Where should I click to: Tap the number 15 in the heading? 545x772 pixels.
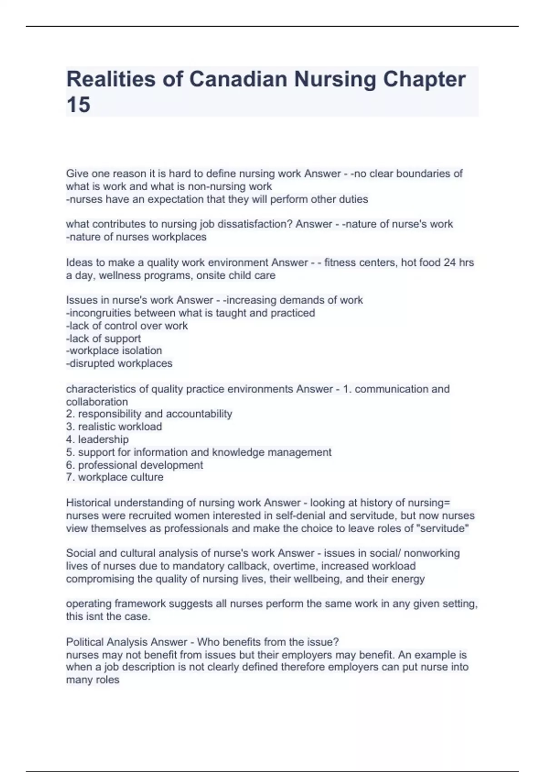(x=78, y=105)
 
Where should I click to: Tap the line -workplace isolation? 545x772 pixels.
(x=114, y=351)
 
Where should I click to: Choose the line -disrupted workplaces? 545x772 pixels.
(x=119, y=363)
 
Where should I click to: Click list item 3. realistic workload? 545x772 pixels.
(x=114, y=426)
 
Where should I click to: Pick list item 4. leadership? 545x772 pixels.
(x=97, y=439)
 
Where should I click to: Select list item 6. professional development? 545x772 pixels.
(x=134, y=465)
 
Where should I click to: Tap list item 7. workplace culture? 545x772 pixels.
(x=114, y=477)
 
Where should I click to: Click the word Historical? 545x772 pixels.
(x=88, y=503)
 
